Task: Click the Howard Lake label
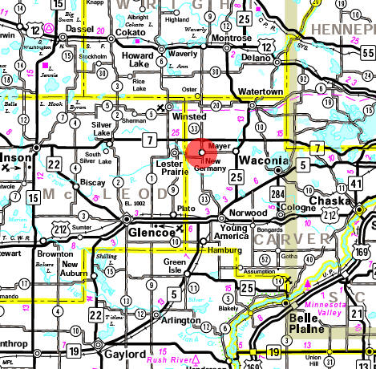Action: click(144, 56)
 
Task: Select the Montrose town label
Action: click(231, 38)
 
